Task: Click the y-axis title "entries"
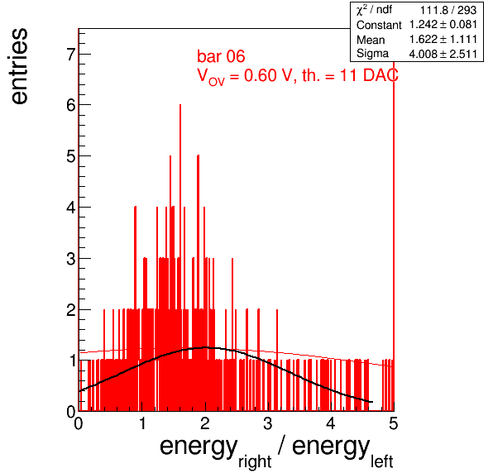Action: point(20,66)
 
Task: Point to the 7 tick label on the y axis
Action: point(71,55)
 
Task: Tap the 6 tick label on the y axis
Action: point(71,105)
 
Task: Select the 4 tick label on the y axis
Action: point(71,208)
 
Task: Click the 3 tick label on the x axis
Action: point(267,423)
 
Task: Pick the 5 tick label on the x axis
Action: point(394,423)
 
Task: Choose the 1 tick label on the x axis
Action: point(142,423)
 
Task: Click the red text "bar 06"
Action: point(221,56)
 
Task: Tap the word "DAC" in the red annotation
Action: point(381,75)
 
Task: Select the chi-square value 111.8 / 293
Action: point(448,11)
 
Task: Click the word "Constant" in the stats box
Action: point(379,25)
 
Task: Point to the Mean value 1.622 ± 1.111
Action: point(443,40)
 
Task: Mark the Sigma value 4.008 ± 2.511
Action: point(443,54)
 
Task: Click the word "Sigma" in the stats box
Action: point(372,54)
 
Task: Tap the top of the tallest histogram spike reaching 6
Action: point(180,105)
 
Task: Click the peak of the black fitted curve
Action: point(206,347)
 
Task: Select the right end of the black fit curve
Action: point(372,402)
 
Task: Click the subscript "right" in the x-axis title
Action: point(255,462)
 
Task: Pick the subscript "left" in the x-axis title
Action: point(381,461)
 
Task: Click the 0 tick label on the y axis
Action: point(71,412)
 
